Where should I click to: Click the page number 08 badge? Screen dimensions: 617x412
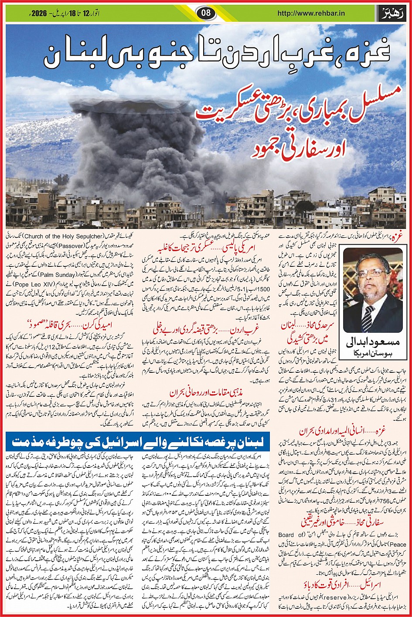[206, 13]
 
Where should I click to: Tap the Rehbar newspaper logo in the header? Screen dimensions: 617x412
[393, 13]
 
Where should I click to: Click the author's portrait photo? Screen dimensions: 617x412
[372, 292]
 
